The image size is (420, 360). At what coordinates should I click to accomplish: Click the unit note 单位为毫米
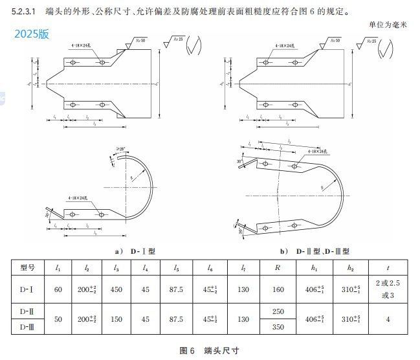[x=387, y=25]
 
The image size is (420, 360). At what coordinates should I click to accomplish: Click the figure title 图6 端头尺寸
[x=209, y=350]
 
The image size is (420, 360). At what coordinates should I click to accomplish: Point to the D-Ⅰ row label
[x=27, y=289]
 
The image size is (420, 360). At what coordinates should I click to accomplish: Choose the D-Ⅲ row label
[x=27, y=328]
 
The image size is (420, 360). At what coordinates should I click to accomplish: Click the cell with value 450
[x=116, y=289]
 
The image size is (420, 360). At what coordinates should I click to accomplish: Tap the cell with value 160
[x=278, y=289]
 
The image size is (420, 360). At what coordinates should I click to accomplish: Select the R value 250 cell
[x=278, y=311]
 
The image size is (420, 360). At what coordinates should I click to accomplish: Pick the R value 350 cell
[x=278, y=328]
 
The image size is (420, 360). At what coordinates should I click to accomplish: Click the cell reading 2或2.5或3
[x=388, y=289]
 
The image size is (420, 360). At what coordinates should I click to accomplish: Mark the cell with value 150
[x=116, y=319]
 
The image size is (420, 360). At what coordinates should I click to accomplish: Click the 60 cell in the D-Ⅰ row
[x=58, y=289]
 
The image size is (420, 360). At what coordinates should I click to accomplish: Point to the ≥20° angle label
[x=121, y=150]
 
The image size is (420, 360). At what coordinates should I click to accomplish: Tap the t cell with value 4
[x=388, y=319]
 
